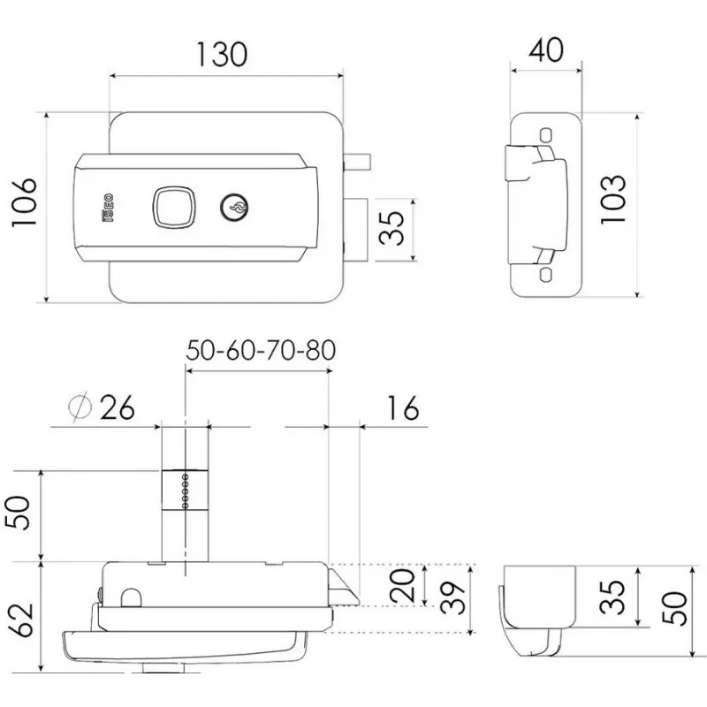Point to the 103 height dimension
612,200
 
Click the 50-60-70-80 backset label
261,351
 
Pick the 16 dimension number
401,408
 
